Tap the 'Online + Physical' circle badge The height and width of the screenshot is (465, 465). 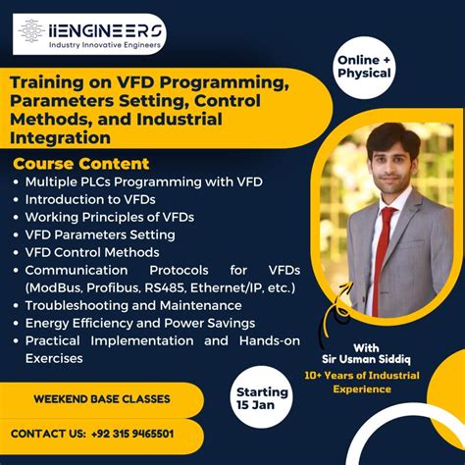[x=364, y=66]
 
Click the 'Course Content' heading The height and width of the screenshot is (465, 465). [x=81, y=164]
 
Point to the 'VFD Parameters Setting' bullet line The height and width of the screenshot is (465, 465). [x=100, y=234]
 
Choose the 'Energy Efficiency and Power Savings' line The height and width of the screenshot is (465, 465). [x=140, y=323]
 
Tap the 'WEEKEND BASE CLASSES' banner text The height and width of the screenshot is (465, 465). [x=102, y=399]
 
